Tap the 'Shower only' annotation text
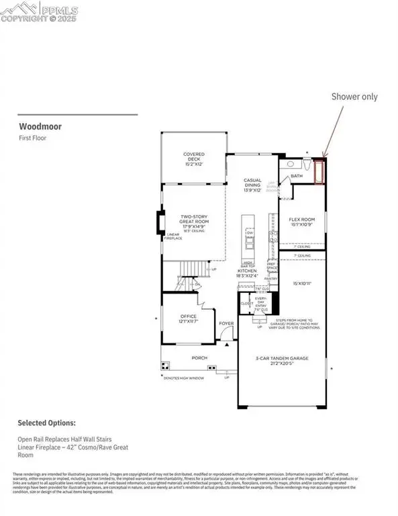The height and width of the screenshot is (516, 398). tap(354, 96)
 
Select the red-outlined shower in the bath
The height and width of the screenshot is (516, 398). tap(319, 171)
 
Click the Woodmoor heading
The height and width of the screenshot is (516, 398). tap(36, 125)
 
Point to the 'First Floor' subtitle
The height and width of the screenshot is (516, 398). tap(32, 138)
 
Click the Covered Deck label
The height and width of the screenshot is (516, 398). tap(193, 158)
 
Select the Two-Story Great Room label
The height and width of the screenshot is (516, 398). tap(193, 222)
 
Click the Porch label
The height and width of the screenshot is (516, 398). tap(199, 358)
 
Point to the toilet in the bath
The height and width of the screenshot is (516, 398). tap(306, 165)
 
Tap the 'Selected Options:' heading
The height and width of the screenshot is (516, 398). tap(46, 423)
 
